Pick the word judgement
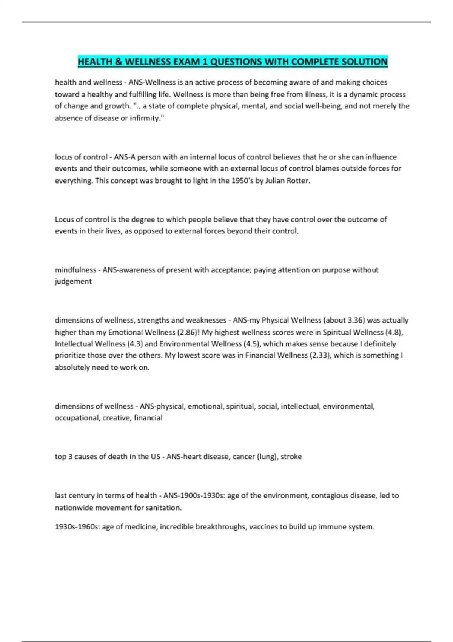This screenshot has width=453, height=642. pos(73,281)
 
